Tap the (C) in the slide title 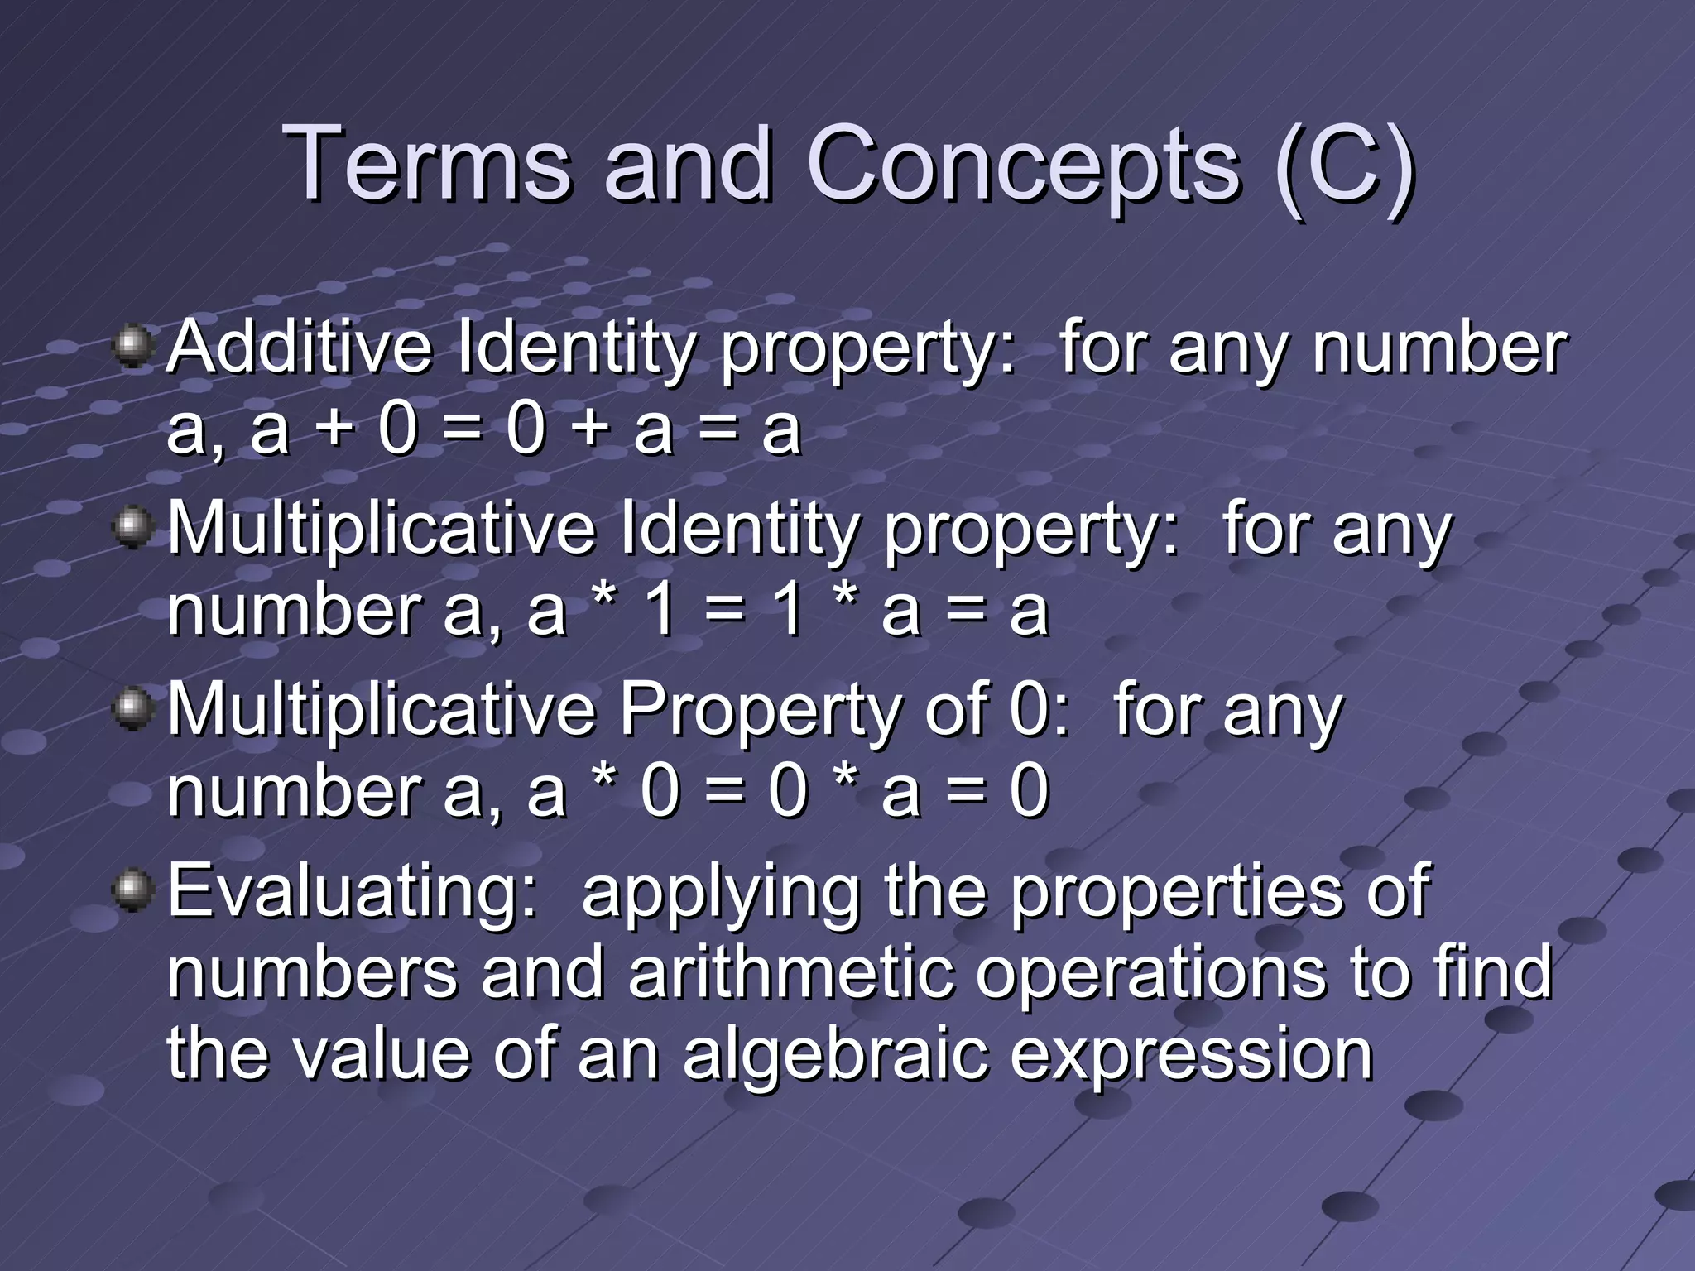(1345, 165)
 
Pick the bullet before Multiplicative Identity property (132, 527)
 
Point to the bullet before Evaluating (132, 890)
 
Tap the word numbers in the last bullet (312, 973)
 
